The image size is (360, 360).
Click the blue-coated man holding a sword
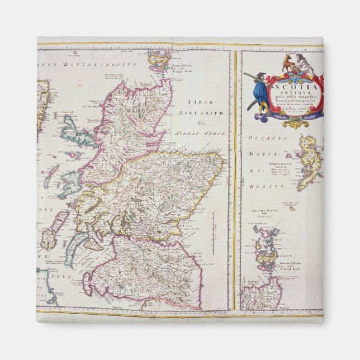259,92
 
